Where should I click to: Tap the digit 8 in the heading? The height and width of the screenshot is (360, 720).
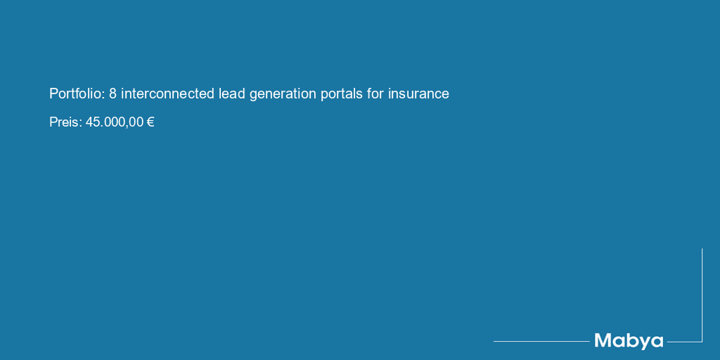(x=113, y=94)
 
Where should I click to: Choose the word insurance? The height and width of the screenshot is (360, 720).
(x=418, y=94)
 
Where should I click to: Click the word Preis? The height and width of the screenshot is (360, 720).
(x=64, y=122)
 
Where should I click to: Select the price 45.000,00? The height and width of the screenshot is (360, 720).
(x=115, y=122)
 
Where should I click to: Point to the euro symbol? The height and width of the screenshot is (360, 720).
(x=150, y=122)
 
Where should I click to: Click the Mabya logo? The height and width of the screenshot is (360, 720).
(x=629, y=341)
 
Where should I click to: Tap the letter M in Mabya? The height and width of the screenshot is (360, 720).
(x=603, y=340)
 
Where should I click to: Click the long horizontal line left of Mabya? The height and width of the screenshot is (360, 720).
(x=541, y=341)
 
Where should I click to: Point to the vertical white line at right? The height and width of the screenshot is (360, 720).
(x=702, y=295)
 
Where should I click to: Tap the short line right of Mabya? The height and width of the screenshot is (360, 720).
(x=685, y=342)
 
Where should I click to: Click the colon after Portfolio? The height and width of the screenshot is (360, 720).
(x=104, y=96)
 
